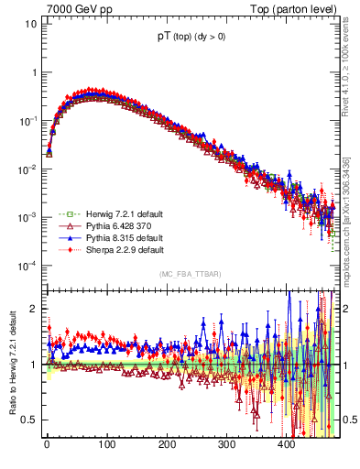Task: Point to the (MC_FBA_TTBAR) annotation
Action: coord(190,275)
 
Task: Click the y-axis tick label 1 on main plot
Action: coord(34,72)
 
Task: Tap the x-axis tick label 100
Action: coord(106,445)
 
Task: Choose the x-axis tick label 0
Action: coord(47,445)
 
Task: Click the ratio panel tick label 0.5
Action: coord(30,420)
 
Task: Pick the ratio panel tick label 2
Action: coord(34,309)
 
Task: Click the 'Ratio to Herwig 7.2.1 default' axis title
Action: coord(11,365)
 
